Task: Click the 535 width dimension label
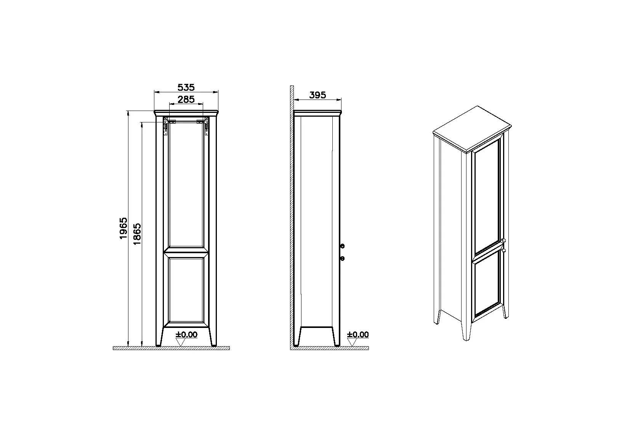click(186, 87)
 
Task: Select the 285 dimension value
click(186, 100)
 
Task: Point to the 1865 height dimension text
click(137, 233)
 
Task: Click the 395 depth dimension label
click(317, 95)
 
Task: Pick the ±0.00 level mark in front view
click(187, 335)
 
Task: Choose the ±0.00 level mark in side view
click(358, 335)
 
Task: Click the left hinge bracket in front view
click(167, 126)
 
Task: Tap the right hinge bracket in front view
click(205, 126)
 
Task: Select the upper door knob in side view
click(342, 246)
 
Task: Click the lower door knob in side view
click(342, 259)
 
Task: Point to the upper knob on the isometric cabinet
click(504, 240)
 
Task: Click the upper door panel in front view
click(186, 185)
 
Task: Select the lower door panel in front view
click(186, 290)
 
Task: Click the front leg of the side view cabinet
click(336, 337)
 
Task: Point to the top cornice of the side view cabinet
click(317, 112)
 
